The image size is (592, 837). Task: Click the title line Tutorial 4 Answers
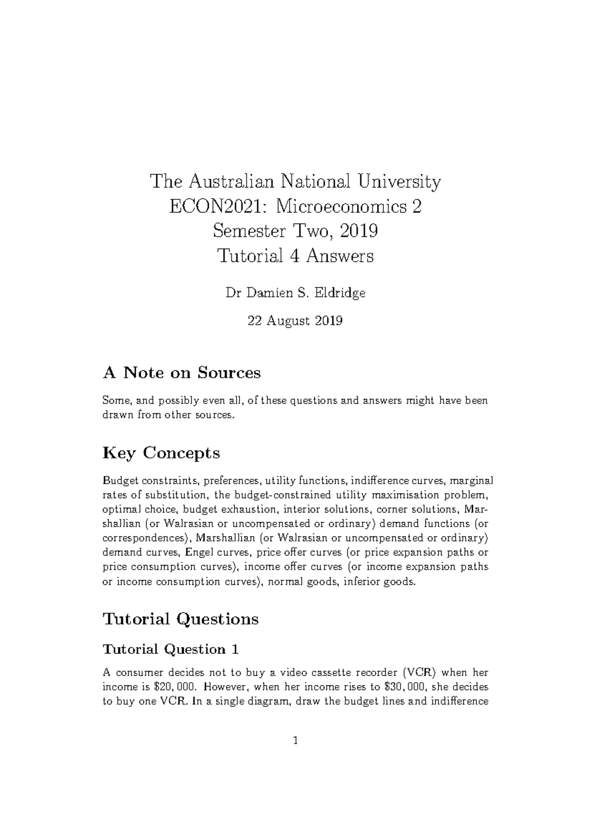tap(296, 256)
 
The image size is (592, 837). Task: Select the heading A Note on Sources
tap(181, 373)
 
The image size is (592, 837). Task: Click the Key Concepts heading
tap(161, 453)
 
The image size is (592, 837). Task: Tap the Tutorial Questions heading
tap(180, 618)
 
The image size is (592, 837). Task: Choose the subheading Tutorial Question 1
tap(170, 649)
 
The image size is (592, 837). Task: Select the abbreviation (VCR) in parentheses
tap(419, 672)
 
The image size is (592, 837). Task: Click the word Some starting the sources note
tap(114, 400)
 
